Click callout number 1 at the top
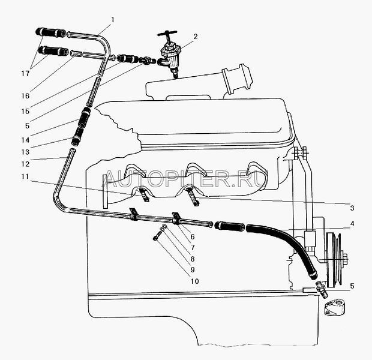point(113,20)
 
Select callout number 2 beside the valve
point(195,37)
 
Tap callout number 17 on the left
point(25,74)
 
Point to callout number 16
point(25,96)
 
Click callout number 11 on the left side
point(25,176)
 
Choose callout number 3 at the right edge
point(352,208)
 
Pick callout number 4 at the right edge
point(352,224)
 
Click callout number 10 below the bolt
point(194,281)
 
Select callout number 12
point(25,164)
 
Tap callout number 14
point(25,140)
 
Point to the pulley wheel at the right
point(334,259)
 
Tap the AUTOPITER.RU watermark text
point(186,178)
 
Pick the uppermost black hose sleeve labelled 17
point(50,33)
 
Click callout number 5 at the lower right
point(352,286)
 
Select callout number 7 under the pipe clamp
point(193,248)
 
